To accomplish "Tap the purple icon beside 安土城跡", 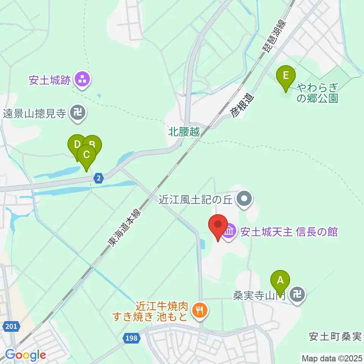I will click(82, 80).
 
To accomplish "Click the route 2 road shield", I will click(99, 178).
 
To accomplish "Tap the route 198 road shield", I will click(130, 337).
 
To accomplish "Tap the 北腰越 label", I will click(184, 133).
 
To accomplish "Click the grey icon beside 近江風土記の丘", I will click(244, 199).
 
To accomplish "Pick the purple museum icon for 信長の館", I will click(230, 231).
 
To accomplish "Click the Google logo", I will click(25, 355).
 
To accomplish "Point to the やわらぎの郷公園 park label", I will click(317, 93).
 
